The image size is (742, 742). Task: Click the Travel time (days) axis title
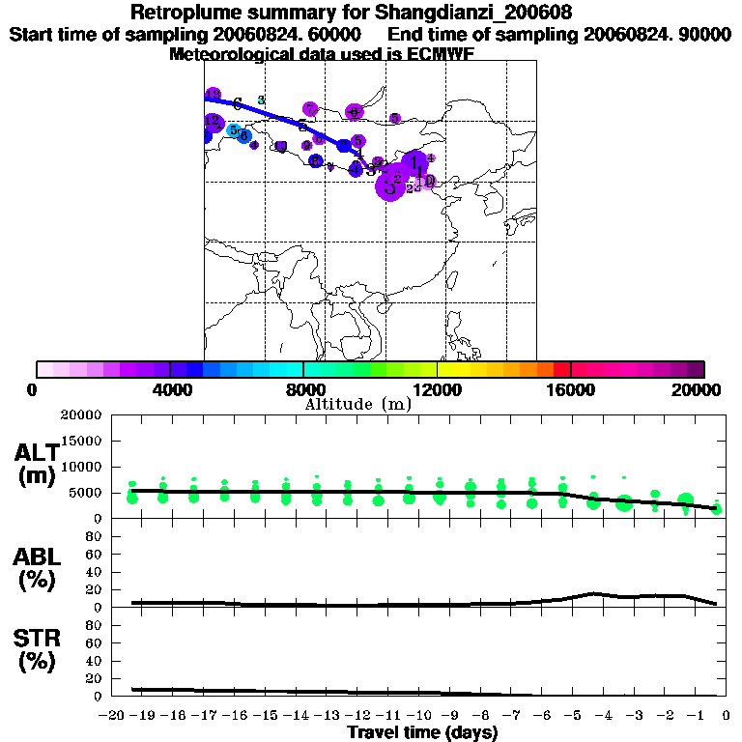[422, 732]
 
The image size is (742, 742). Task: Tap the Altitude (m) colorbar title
[357, 404]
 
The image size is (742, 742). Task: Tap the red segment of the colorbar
[561, 369]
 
